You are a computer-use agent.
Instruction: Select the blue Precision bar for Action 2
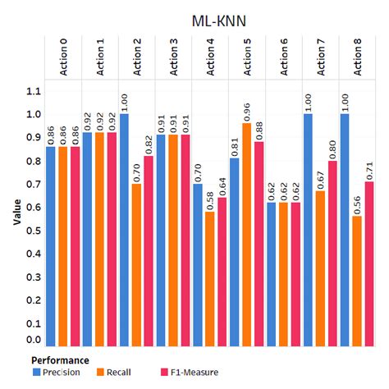[x=125, y=230]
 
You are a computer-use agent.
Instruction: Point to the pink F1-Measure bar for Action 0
[x=75, y=246]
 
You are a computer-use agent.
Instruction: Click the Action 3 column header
[x=175, y=58]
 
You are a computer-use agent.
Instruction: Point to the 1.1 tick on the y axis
[x=32, y=92]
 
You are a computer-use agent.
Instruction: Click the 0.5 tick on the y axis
[x=32, y=233]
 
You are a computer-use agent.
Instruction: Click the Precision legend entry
[x=60, y=373]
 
